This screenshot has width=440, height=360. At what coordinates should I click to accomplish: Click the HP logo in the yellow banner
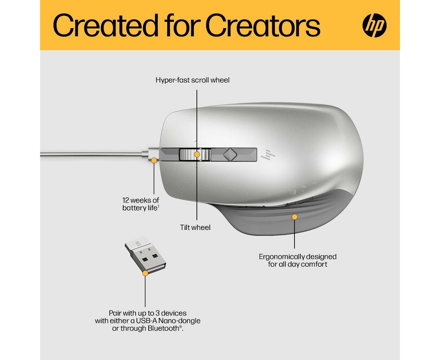tap(374, 25)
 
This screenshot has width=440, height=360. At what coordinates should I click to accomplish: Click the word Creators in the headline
tap(263, 25)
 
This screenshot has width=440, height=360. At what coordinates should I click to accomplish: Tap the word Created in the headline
tap(105, 25)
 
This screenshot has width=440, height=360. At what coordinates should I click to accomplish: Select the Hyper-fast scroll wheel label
tap(192, 80)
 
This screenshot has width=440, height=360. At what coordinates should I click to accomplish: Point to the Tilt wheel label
tap(195, 227)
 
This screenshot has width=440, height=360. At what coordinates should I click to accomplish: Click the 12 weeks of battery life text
tap(141, 204)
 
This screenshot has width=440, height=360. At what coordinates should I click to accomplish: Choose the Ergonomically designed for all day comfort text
tap(298, 260)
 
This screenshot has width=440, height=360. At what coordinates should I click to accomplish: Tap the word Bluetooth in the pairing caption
tap(163, 328)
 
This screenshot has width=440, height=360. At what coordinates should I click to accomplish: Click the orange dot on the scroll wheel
tap(197, 154)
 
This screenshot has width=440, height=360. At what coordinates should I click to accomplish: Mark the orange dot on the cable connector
tap(154, 160)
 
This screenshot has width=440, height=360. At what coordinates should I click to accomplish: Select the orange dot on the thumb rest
tap(295, 217)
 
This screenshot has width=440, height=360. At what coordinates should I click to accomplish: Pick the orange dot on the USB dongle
tap(145, 273)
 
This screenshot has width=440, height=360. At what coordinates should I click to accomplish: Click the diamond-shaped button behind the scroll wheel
tap(230, 154)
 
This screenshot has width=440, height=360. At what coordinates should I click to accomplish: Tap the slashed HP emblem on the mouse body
tap(268, 155)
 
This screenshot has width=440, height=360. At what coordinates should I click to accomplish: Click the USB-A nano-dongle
tap(145, 255)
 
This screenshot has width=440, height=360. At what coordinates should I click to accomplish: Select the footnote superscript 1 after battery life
tap(158, 206)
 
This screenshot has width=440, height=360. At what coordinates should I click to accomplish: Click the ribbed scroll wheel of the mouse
tap(195, 155)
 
